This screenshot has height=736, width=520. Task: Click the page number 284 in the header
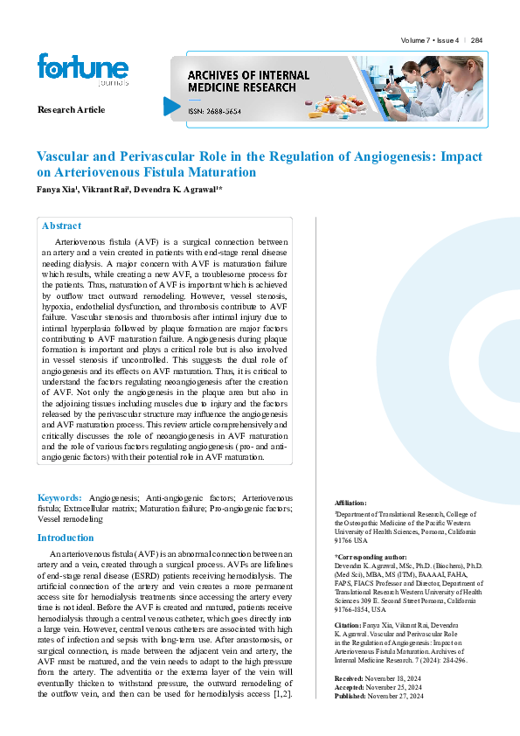pos(476,41)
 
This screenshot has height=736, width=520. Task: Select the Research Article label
pos(71,109)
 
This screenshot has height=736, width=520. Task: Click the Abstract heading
pos(61,226)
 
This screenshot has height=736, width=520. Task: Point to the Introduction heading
pos(66,538)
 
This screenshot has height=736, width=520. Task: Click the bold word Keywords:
pos(59,496)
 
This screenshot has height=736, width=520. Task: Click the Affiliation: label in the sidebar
pos(351,503)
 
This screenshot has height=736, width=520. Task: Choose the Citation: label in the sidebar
pos(350,625)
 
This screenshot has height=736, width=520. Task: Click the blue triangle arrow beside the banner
pos(171,107)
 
